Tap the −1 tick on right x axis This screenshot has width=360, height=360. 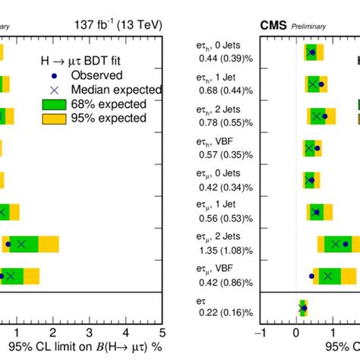(260, 332)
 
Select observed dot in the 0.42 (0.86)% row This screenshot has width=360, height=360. (311, 276)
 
